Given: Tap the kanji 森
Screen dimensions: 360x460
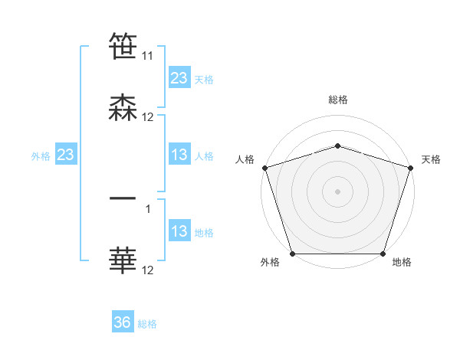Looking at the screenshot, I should (x=123, y=108).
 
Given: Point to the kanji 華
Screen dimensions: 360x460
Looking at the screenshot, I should (x=123, y=260).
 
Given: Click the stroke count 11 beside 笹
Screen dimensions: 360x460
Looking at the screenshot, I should (x=147, y=56).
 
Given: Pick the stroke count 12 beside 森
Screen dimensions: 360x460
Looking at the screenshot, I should (x=148, y=117).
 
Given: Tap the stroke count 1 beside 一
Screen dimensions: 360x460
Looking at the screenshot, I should (x=148, y=208).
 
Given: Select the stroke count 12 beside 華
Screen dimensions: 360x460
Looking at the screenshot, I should (x=148, y=270).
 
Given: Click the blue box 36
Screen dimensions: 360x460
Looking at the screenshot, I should (x=123, y=322).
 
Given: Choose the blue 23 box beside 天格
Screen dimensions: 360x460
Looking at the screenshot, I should (x=179, y=78).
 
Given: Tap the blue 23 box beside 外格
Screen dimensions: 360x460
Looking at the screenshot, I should (x=66, y=155).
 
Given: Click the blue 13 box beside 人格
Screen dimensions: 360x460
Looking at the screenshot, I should (x=179, y=155).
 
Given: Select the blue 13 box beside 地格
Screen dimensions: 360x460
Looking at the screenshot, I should (x=179, y=231).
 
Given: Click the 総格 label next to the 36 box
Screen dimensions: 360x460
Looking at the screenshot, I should (x=147, y=324).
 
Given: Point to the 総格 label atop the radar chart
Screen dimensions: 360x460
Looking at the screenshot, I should (x=338, y=100).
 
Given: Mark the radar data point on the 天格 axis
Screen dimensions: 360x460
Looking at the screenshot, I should (x=410, y=168).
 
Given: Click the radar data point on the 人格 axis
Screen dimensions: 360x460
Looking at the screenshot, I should (x=265, y=168).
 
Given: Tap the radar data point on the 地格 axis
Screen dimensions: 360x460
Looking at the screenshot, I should (x=383, y=254).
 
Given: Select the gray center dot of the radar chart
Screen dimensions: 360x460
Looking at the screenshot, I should (x=338, y=191).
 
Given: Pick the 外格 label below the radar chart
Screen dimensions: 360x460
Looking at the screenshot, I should (x=270, y=263).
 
